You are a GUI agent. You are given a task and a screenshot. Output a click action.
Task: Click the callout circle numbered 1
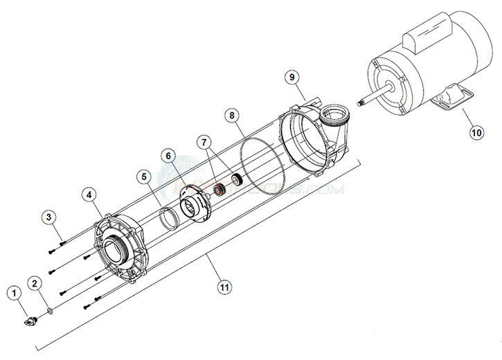point(12,293)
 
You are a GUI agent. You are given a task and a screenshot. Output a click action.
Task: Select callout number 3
point(48,217)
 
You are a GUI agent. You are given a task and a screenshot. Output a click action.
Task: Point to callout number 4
point(89,195)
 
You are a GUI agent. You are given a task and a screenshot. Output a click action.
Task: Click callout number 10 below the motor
point(476,132)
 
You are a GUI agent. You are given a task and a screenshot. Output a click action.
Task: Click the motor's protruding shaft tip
point(360,103)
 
